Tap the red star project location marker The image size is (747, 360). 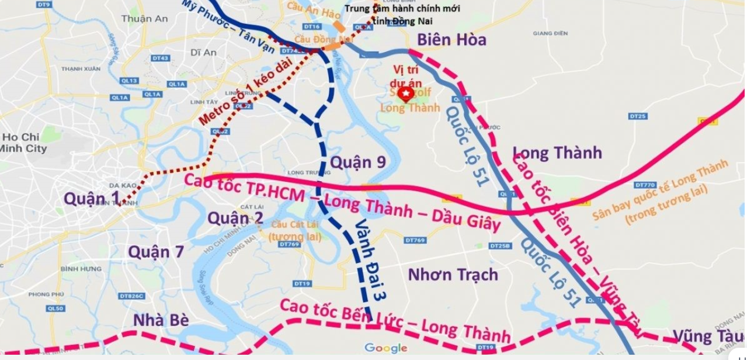click(x=405, y=93)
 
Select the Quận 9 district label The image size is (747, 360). click(x=358, y=162)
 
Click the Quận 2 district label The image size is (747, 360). click(x=235, y=218)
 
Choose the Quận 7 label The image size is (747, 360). click(x=156, y=252)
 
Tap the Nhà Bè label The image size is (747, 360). click(x=159, y=320)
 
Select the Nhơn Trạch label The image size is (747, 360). click(x=453, y=274)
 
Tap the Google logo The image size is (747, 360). click(x=385, y=348)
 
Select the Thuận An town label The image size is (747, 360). click(x=144, y=19)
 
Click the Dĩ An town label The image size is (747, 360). click(x=203, y=53)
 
